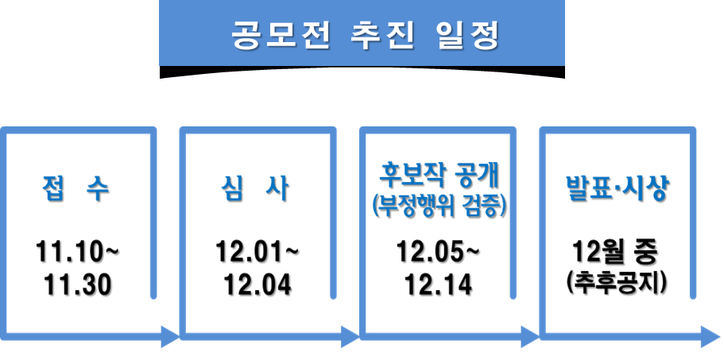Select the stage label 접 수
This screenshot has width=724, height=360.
(76, 191)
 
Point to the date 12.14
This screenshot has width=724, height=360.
(439, 285)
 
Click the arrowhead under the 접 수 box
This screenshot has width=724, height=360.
(168, 337)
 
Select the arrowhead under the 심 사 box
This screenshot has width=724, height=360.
(347, 337)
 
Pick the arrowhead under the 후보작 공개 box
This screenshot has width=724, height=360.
(528, 337)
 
